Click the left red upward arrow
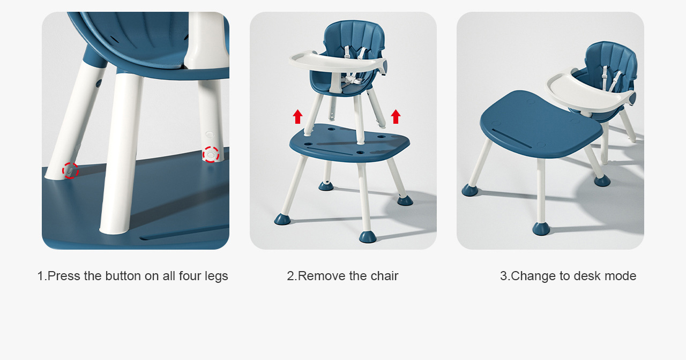pyautogui.click(x=297, y=117)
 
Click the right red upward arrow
pyautogui.click(x=396, y=117)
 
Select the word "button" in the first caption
pyautogui.click(x=123, y=276)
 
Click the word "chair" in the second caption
pyautogui.click(x=384, y=276)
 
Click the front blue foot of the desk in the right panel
pyautogui.click(x=541, y=229)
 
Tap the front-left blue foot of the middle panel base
pyautogui.click(x=282, y=219)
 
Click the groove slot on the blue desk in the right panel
pyautogui.click(x=511, y=138)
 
